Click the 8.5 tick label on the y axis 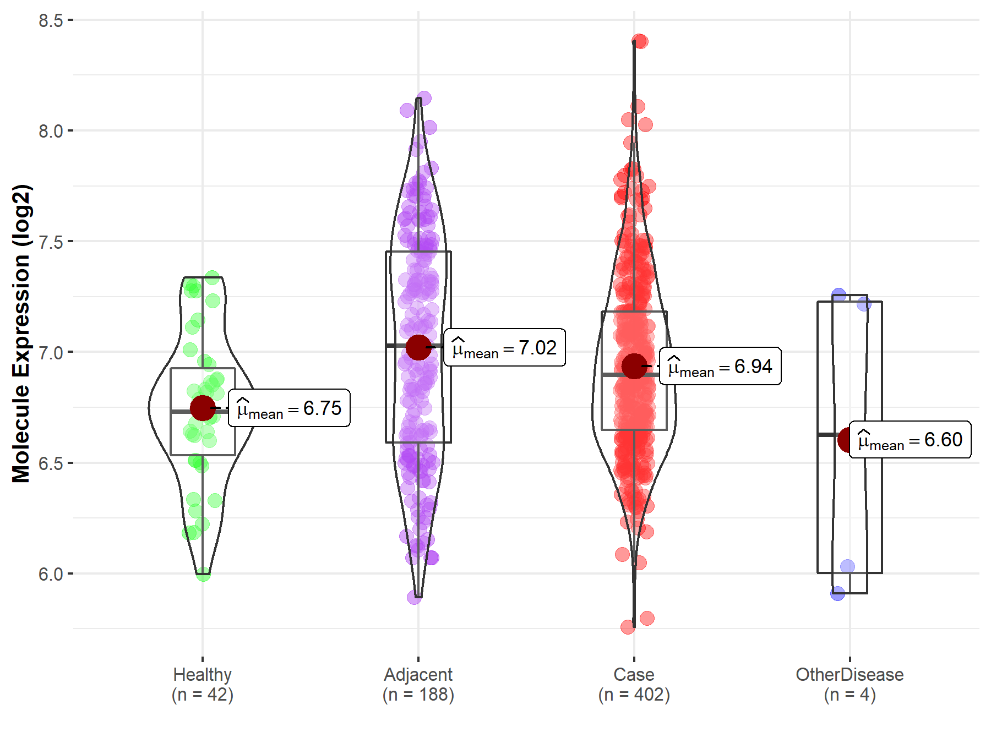[50, 20]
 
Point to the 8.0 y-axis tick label [50, 131]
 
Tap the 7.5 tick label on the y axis [50, 242]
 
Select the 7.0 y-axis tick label [50, 352]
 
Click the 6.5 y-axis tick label [50, 463]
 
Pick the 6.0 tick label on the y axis [50, 574]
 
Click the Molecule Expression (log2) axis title [21, 334]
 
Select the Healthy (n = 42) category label [202, 685]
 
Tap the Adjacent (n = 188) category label [418, 685]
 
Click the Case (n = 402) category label [634, 685]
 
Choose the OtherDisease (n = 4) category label [850, 685]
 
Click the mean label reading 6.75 [289, 408]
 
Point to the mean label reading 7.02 [504, 348]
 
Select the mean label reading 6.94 [720, 367]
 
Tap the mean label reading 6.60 [910, 440]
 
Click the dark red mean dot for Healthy [202, 408]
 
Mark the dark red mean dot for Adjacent [418, 347]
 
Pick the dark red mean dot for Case [634, 366]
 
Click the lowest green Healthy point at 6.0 [203, 574]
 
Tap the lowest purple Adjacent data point [414, 597]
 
